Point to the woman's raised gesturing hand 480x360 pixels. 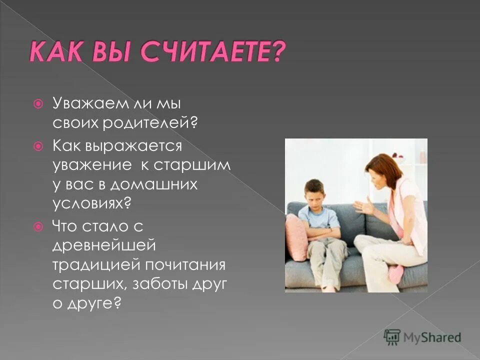pos(363,206)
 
